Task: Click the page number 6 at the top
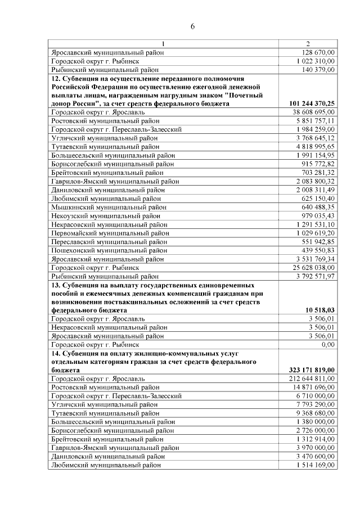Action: click(x=192, y=26)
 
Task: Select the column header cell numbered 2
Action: click(x=308, y=44)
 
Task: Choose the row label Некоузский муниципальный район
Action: click(x=105, y=215)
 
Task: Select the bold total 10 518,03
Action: click(x=321, y=310)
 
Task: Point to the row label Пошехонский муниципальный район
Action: click(x=109, y=250)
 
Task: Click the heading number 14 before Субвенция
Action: click(x=55, y=353)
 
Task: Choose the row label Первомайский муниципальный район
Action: click(x=110, y=233)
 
